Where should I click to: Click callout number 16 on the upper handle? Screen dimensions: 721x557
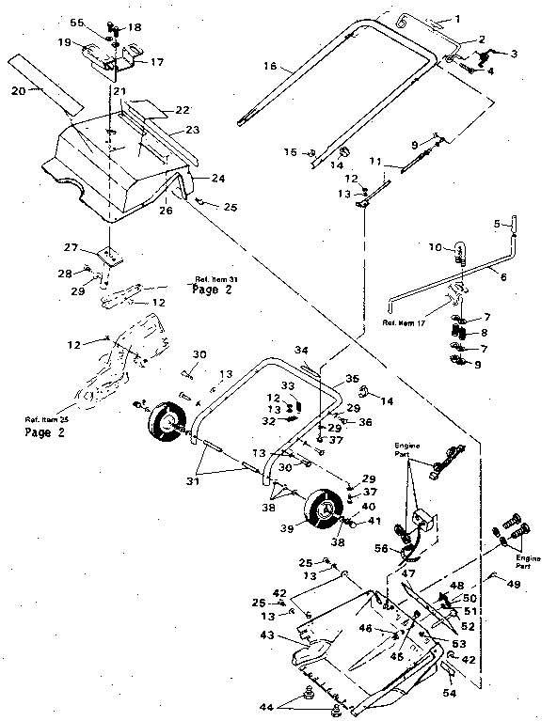tap(270, 67)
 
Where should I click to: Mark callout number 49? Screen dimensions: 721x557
tap(514, 584)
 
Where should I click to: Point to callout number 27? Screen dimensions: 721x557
tap(96, 248)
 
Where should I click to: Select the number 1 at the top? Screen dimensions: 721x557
tap(458, 19)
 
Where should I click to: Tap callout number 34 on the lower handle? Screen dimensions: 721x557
tap(301, 351)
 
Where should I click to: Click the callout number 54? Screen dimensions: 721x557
tap(449, 693)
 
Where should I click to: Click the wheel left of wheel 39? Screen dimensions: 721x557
tap(167, 422)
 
